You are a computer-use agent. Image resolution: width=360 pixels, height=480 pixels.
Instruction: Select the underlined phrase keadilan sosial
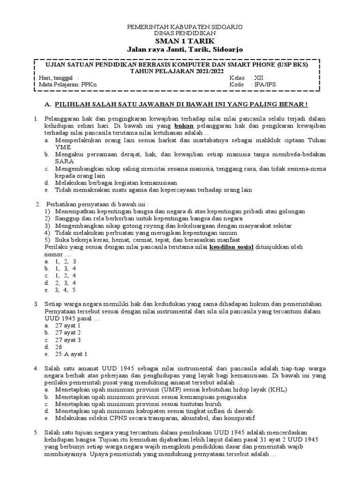click(231, 247)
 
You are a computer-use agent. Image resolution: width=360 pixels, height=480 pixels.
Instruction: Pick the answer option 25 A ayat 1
click(71, 354)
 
